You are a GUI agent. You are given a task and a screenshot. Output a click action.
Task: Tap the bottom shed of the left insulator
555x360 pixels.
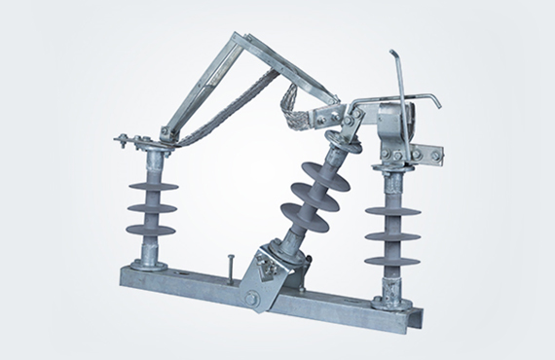[151, 231]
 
